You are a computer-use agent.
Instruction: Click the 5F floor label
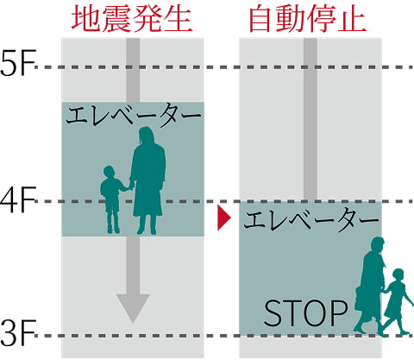[18, 63]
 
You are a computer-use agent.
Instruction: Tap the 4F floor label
[18, 199]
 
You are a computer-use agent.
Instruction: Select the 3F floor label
[18, 332]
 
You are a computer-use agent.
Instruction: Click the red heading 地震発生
[132, 19]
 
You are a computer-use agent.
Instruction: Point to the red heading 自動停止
[308, 19]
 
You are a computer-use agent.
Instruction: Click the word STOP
[305, 313]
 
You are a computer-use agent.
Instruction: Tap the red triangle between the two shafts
[223, 218]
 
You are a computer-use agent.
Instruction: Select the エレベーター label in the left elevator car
[133, 115]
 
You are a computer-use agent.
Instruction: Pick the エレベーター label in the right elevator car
[311, 220]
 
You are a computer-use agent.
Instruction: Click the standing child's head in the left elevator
[109, 172]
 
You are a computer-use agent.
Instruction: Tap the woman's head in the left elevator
[147, 136]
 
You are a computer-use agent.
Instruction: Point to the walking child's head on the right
[398, 275]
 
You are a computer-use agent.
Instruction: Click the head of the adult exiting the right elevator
[377, 245]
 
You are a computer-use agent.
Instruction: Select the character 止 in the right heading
[353, 19]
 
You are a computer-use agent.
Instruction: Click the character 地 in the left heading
[85, 19]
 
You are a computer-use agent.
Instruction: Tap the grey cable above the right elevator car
[310, 120]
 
